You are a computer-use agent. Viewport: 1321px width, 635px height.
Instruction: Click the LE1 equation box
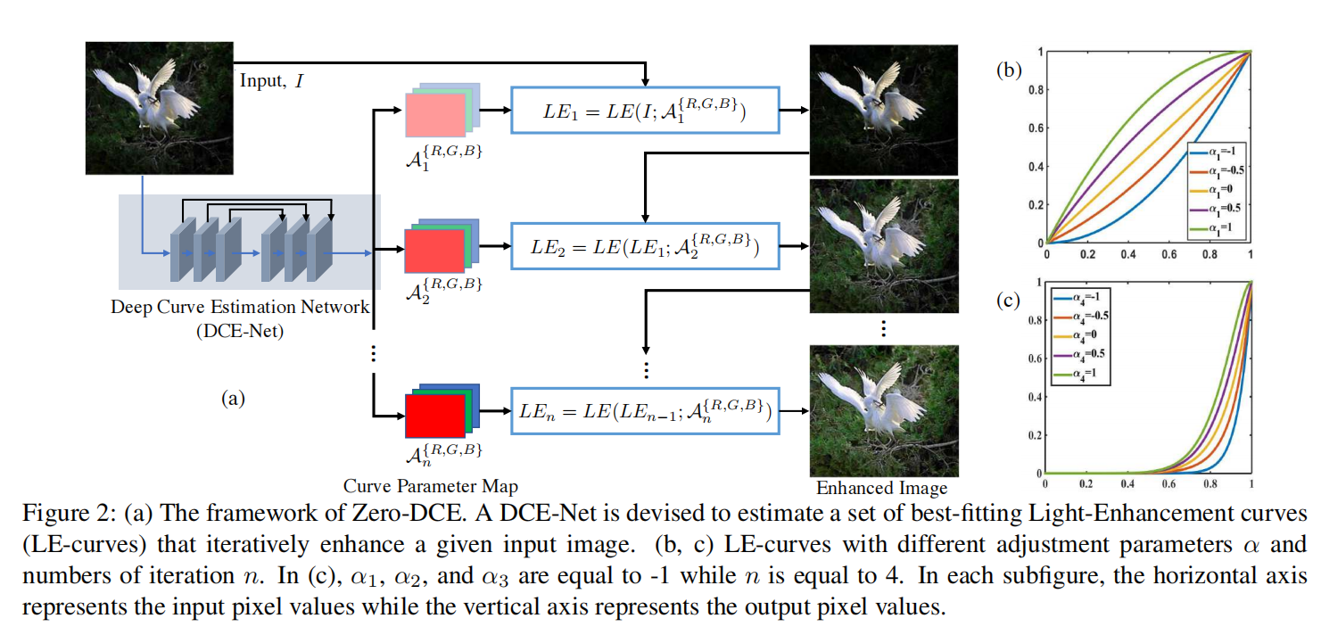(x=644, y=110)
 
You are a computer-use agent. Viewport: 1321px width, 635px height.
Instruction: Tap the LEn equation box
(x=644, y=410)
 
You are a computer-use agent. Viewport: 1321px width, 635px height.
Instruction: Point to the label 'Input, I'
(x=272, y=81)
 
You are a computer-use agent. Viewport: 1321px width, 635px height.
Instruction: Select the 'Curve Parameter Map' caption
(x=430, y=486)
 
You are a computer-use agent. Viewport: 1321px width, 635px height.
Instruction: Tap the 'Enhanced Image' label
(x=881, y=488)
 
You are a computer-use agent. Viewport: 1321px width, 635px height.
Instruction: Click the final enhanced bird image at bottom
(x=882, y=410)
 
